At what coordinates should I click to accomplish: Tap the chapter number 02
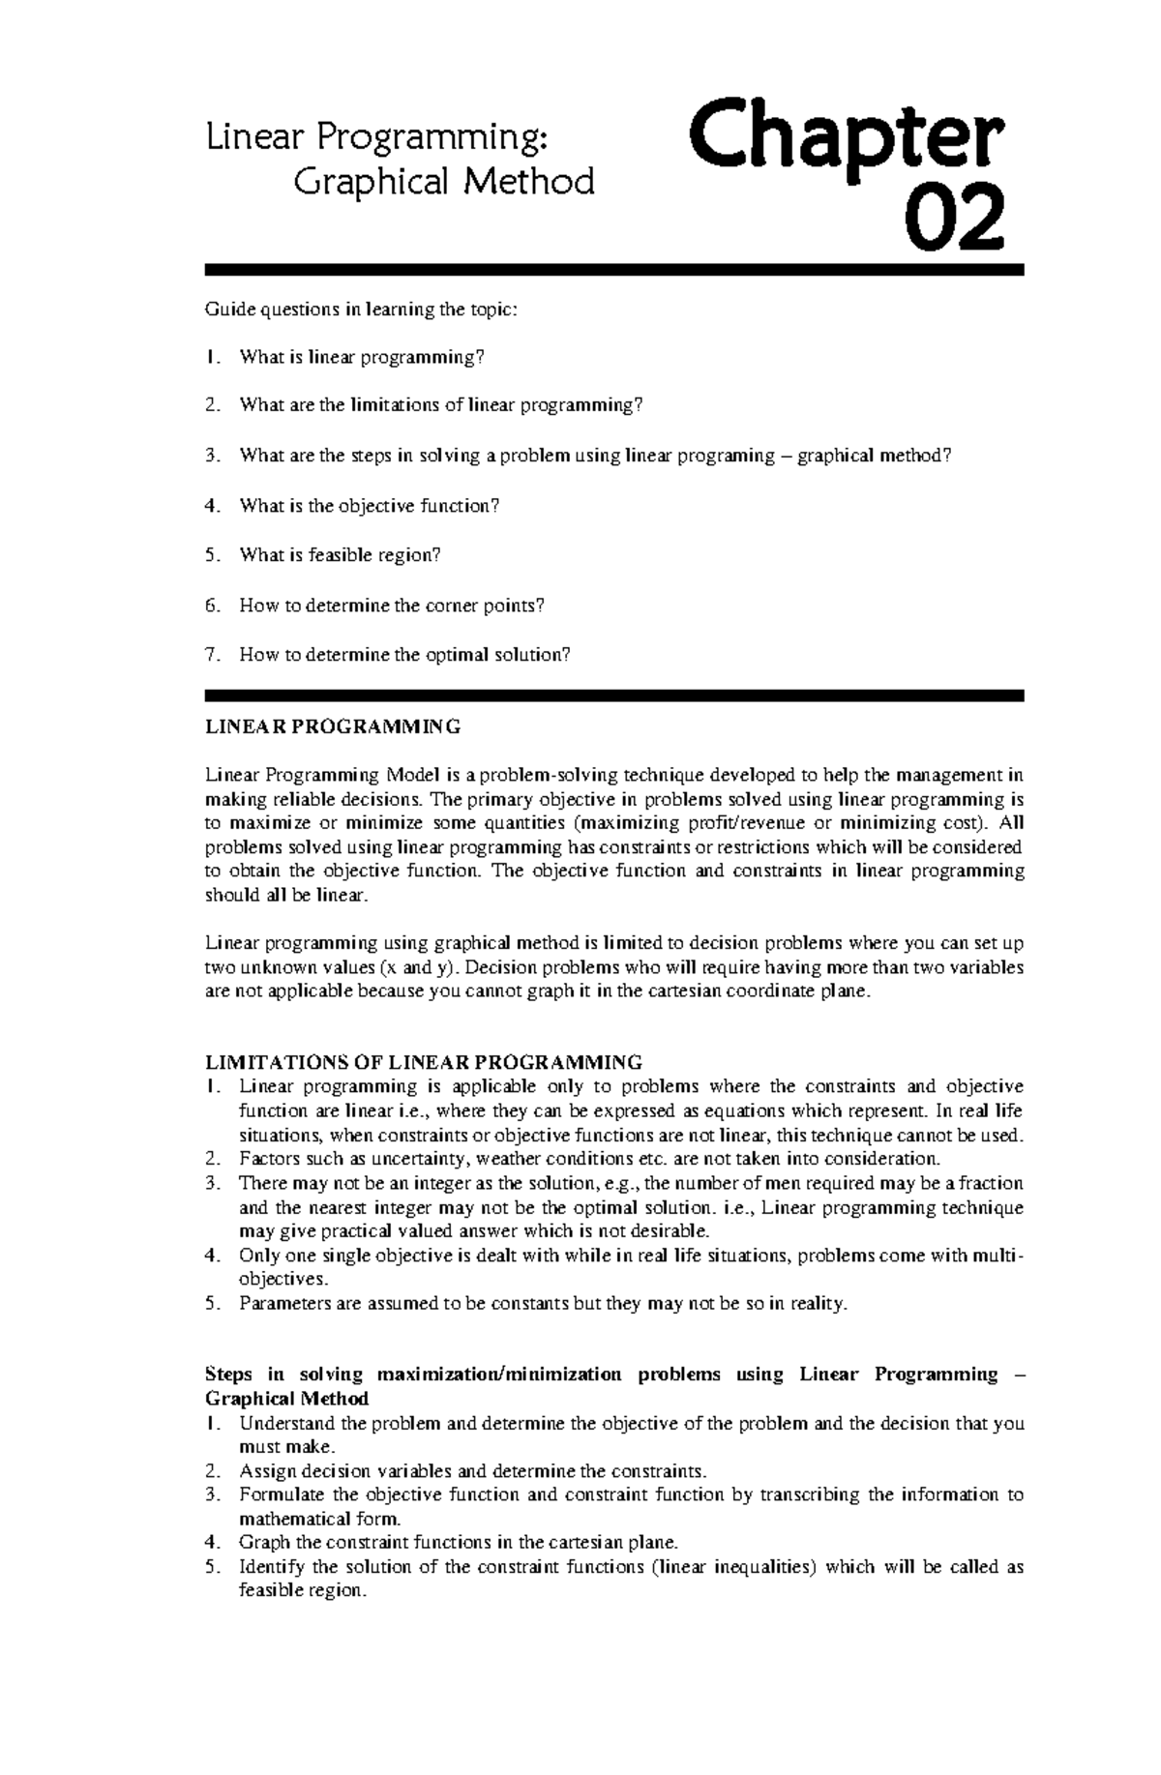954,222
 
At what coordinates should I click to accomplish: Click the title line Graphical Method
443,181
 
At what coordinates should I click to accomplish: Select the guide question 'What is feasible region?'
340,555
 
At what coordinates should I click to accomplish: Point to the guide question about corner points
392,606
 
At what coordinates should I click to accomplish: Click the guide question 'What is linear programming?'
361,358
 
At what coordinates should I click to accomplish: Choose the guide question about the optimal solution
404,655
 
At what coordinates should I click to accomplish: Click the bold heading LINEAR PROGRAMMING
333,725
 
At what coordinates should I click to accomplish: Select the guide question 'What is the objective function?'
369,506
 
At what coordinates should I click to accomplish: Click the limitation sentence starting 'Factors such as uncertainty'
589,1159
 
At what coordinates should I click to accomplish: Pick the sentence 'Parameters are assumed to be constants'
543,1303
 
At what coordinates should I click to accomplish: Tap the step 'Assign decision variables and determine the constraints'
473,1471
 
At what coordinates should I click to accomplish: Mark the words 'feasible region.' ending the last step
303,1591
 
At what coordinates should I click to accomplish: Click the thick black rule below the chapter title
613,270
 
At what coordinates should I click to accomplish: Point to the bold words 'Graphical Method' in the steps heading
287,1399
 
